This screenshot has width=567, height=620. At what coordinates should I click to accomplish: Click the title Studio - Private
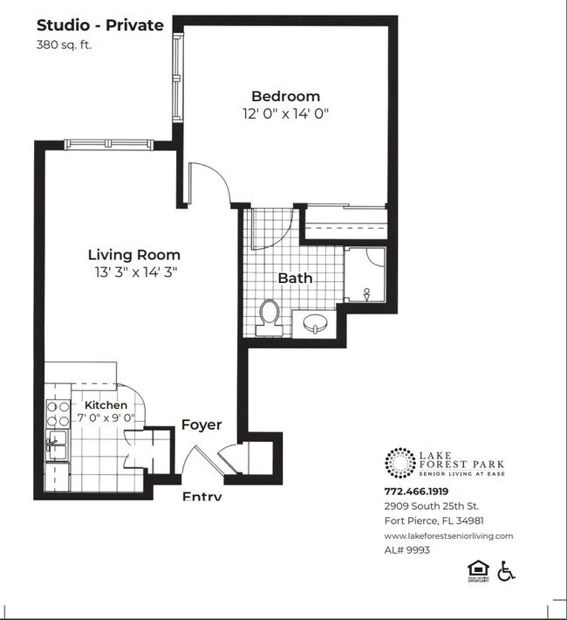(99, 25)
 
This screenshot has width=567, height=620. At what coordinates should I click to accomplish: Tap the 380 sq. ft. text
(65, 45)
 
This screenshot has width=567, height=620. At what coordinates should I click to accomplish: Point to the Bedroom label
(285, 96)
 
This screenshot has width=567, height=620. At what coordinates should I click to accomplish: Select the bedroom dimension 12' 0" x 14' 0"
(285, 114)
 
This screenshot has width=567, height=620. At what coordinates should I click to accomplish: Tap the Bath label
(295, 279)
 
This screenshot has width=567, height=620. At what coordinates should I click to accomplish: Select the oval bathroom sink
(314, 323)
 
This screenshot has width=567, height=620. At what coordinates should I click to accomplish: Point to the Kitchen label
(106, 405)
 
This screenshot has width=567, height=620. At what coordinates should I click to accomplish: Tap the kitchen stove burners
(58, 414)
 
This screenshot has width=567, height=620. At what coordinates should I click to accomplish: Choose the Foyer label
(201, 425)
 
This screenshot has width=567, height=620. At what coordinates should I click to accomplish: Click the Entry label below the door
(201, 496)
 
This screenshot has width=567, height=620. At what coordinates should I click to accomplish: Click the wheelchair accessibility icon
(506, 571)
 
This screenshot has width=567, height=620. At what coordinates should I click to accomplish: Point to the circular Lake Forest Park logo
(400, 464)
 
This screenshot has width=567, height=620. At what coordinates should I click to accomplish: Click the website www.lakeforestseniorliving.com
(448, 535)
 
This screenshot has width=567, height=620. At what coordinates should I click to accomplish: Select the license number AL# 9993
(407, 550)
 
